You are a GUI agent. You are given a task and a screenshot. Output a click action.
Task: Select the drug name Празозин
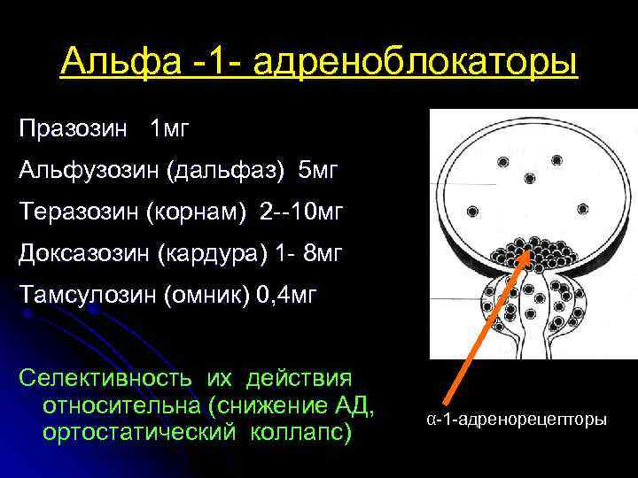click(x=73, y=130)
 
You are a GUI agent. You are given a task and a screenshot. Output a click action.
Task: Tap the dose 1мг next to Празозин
click(x=170, y=130)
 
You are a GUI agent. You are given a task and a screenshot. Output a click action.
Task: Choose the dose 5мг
click(x=318, y=171)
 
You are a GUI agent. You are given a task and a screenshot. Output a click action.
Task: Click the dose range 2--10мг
click(x=301, y=212)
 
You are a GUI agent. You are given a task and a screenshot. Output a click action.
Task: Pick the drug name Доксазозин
click(x=84, y=254)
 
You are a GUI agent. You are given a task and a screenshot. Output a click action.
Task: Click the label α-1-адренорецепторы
click(x=517, y=419)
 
